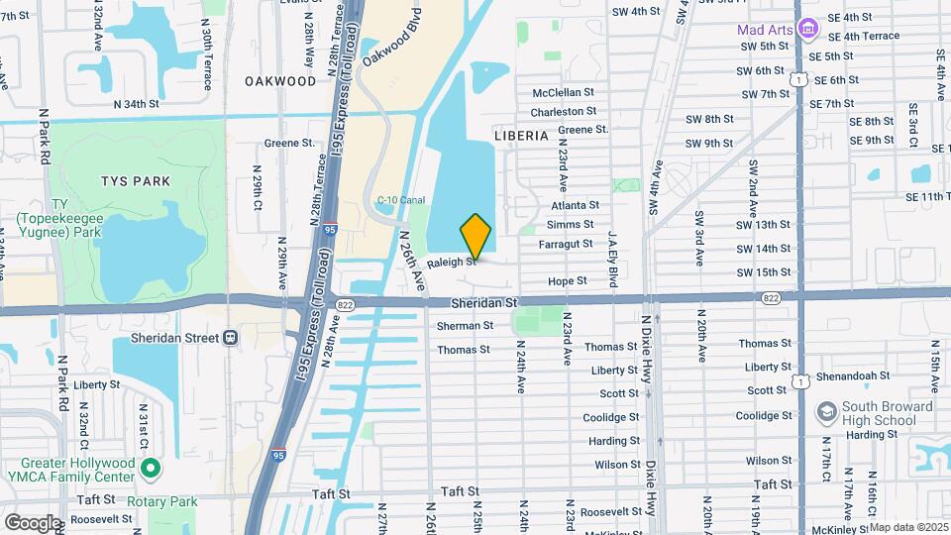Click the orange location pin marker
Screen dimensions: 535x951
point(476,237)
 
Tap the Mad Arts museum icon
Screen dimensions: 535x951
point(807,30)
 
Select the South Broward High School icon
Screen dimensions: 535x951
point(825,411)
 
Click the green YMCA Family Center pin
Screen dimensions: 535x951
point(150,467)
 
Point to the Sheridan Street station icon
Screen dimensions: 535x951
point(230,338)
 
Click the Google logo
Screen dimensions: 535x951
point(33,522)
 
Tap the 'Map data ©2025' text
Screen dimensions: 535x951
point(908,527)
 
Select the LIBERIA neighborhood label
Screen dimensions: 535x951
point(521,135)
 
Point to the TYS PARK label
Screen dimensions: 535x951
point(136,181)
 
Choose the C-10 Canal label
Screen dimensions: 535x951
point(400,200)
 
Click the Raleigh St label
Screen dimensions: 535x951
point(453,263)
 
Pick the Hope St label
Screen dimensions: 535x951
point(568,281)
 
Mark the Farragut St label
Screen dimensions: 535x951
point(566,244)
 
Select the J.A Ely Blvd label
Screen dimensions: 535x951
point(613,256)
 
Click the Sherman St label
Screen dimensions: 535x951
point(465,325)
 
